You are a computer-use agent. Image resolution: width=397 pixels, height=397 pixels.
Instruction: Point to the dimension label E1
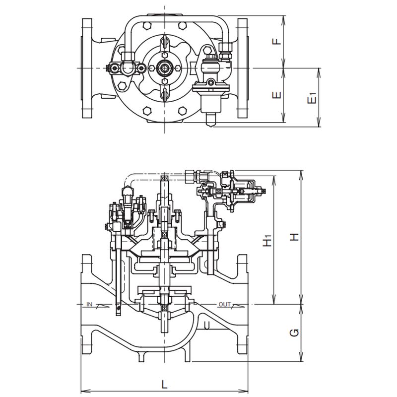312,98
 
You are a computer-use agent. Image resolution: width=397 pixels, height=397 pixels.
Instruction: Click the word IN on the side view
90,303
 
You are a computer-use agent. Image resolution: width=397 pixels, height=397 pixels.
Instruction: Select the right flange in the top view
242,68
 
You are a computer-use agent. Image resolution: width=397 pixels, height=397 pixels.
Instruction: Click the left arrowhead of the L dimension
83,390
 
